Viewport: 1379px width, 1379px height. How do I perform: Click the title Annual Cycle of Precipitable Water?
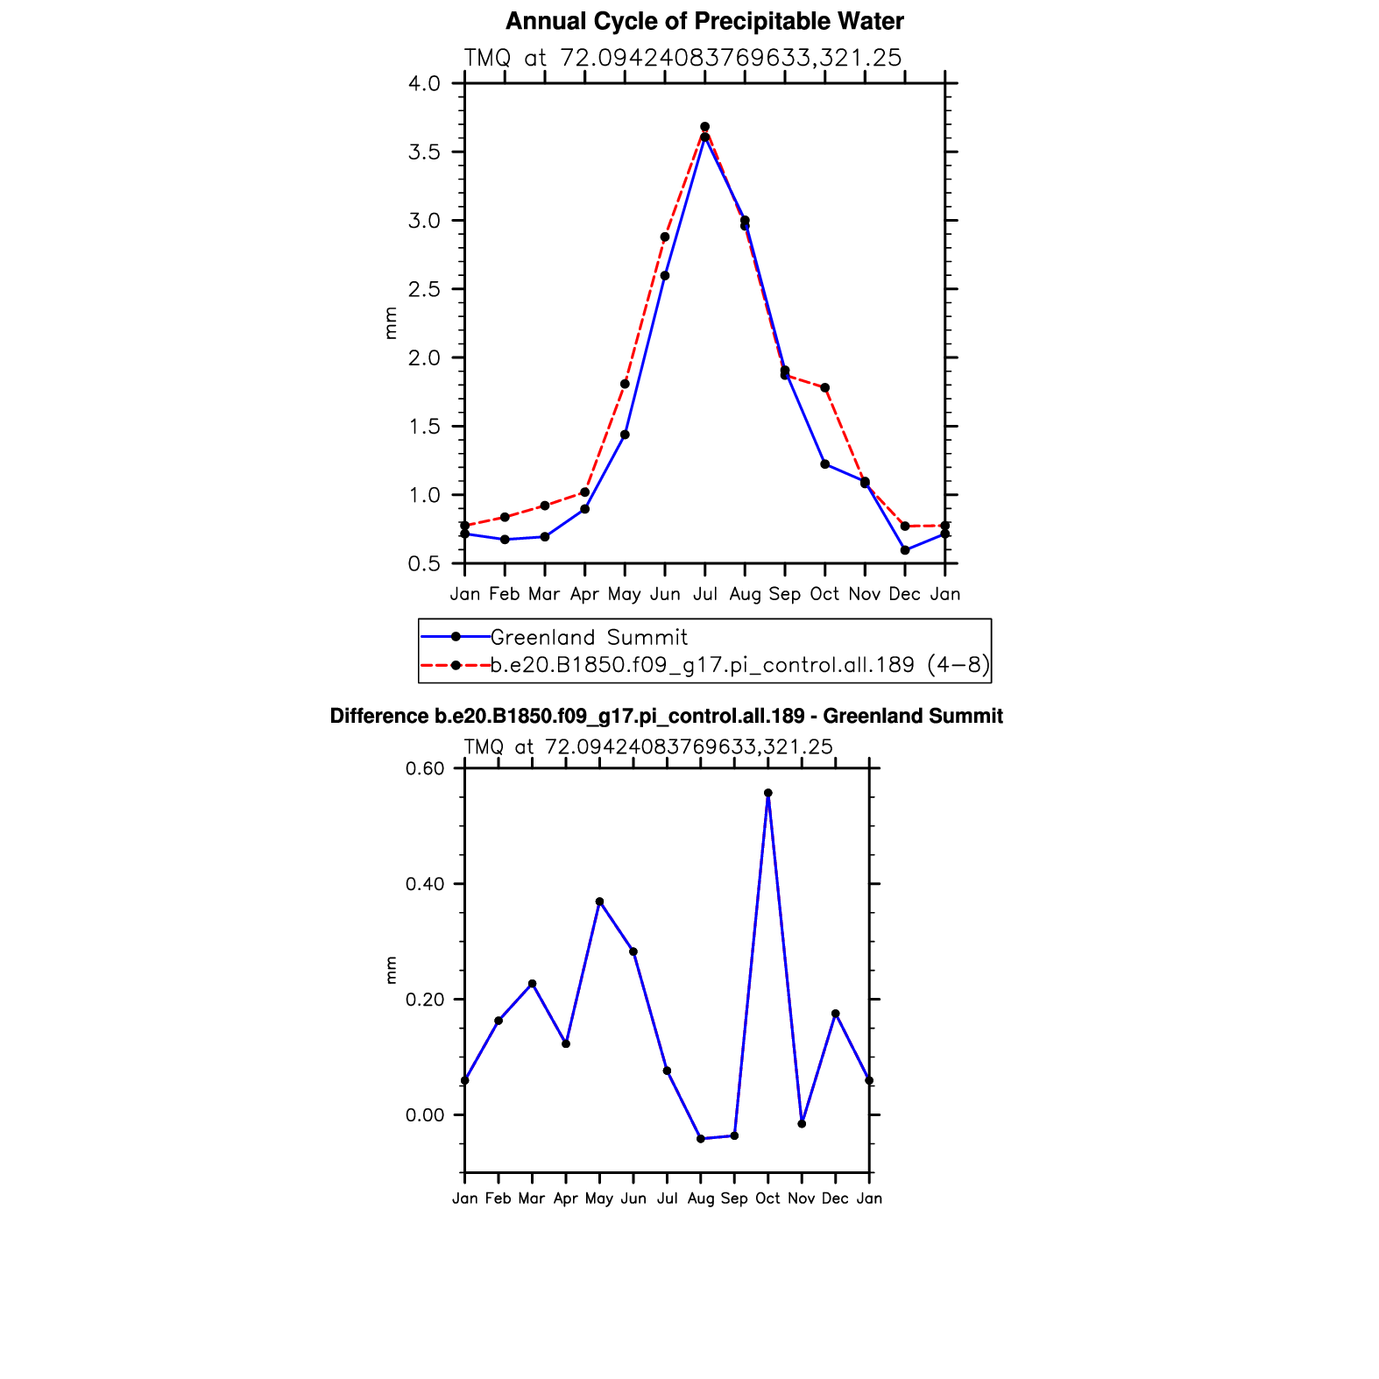704,21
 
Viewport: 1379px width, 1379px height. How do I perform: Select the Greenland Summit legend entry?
588,637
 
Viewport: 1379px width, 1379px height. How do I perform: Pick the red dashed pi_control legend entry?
739,665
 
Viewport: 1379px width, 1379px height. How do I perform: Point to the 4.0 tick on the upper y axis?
424,84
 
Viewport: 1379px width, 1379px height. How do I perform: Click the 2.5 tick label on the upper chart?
424,289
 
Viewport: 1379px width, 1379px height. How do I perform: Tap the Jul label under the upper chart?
704,594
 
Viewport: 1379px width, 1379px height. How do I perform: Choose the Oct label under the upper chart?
824,594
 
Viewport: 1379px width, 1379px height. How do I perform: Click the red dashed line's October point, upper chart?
825,387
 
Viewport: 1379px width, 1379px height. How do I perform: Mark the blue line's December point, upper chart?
905,550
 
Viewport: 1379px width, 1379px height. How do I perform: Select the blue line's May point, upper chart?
625,435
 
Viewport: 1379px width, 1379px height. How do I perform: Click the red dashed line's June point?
665,237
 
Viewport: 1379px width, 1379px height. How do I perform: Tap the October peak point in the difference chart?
768,793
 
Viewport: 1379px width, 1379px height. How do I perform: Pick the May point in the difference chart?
599,902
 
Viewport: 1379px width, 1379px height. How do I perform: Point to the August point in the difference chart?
701,1139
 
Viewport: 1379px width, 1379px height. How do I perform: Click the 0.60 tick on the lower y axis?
425,768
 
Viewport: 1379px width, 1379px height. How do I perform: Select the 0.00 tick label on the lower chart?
425,1115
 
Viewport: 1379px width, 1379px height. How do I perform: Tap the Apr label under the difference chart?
566,1199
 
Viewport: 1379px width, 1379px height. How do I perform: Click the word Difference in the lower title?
378,716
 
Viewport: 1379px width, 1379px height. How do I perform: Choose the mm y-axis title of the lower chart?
391,970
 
